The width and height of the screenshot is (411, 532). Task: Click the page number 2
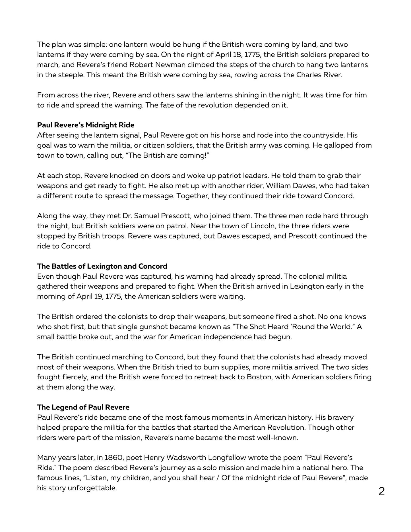(381, 491)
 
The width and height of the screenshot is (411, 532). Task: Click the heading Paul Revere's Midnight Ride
(86, 125)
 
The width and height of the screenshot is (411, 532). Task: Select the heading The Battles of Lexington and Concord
(102, 266)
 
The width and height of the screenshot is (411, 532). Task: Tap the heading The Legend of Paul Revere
(83, 407)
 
